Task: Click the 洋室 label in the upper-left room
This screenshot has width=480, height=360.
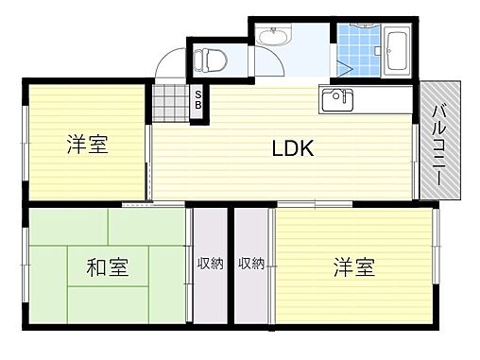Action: point(86,145)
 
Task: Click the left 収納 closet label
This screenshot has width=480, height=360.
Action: point(211,264)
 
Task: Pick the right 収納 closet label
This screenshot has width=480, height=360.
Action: point(251,264)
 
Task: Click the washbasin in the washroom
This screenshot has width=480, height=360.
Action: point(275,36)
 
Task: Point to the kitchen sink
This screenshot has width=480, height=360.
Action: point(337,98)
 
